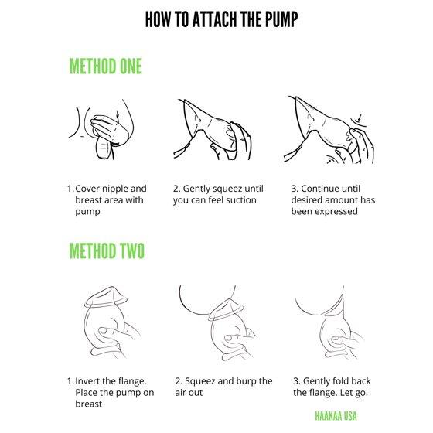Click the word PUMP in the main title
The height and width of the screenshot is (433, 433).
[x=281, y=19]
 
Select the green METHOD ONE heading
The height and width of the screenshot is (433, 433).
[x=106, y=66]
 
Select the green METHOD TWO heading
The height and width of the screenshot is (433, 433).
[x=107, y=251]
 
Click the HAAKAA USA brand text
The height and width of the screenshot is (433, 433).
[x=336, y=416]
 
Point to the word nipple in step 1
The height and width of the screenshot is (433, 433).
[x=114, y=189]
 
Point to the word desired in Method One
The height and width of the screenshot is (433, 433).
[x=306, y=200]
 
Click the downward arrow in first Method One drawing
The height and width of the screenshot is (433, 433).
[x=118, y=116]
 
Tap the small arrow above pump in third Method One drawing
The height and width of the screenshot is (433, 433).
[x=360, y=117]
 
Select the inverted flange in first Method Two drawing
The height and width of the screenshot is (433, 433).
[x=106, y=298]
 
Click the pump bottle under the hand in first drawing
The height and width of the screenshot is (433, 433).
[x=104, y=148]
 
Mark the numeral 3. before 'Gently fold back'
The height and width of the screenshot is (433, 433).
[x=297, y=381]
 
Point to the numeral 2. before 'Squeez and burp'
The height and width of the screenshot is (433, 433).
[x=179, y=381]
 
